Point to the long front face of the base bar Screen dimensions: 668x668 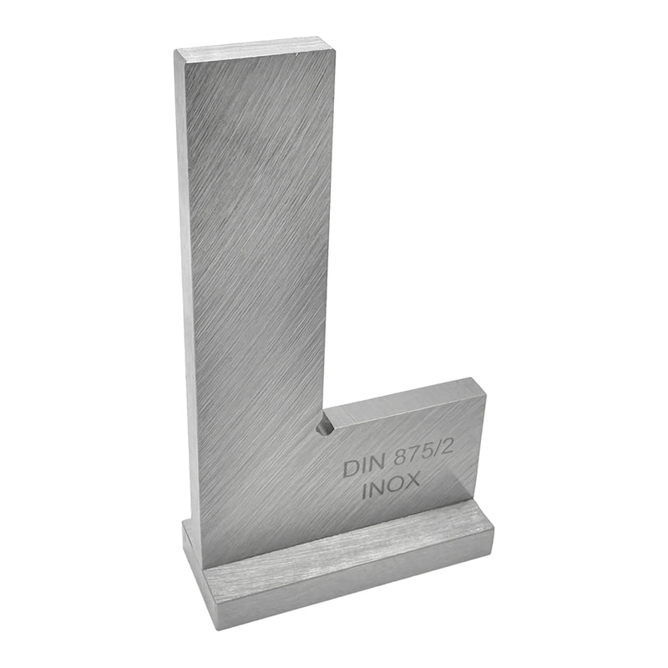(x=351, y=584)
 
